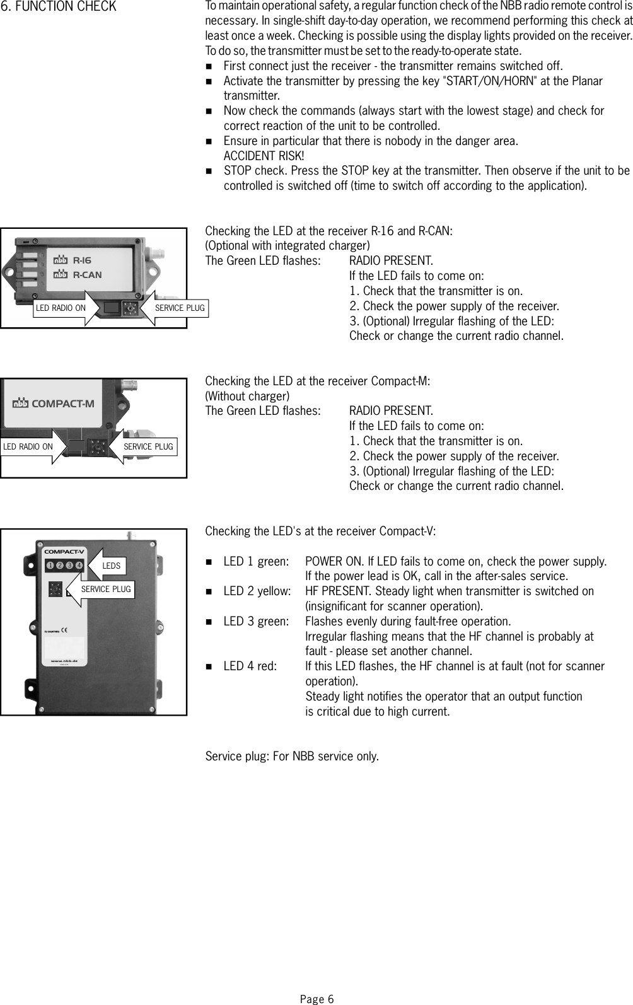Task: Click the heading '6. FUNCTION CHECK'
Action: pos(58,7)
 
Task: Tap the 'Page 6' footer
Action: pos(316,999)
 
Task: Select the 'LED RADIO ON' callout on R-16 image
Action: pos(61,308)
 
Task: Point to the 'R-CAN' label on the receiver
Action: pos(87,275)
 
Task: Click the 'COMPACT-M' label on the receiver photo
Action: pos(62,404)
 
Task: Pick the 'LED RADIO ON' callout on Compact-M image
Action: pos(28,447)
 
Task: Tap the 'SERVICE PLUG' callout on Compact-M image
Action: pos(148,447)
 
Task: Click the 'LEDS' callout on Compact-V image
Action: pos(111,566)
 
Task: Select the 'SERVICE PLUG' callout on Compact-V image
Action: pos(105,590)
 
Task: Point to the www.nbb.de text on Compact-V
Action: pos(63,661)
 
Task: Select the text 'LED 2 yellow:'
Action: pos(257,591)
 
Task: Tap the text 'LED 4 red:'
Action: pos(250,666)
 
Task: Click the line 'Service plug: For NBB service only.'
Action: pos(292,756)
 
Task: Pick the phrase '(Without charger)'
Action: pos(247,397)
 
